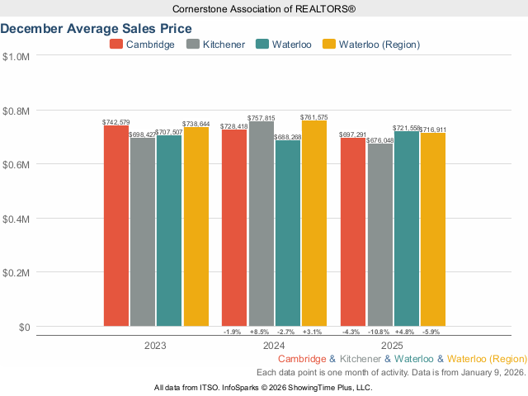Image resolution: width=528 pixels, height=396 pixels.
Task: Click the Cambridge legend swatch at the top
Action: point(116,44)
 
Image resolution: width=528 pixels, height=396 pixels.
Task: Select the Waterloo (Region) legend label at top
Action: point(379,44)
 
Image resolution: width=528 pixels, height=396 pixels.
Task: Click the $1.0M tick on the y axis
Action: point(16,57)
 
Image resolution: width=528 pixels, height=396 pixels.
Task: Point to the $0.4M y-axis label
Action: point(16,219)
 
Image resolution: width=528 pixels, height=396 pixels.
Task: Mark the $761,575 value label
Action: point(314,117)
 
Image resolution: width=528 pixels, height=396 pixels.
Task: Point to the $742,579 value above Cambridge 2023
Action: point(116,122)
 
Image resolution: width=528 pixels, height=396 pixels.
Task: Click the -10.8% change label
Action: point(380,332)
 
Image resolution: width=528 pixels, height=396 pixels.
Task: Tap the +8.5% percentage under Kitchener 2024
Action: point(262,332)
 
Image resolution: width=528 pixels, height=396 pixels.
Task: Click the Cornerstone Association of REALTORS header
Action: point(263,8)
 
